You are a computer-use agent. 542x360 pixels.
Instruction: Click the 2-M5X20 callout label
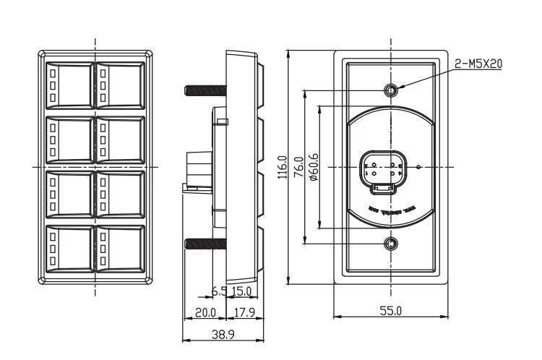coord(478,64)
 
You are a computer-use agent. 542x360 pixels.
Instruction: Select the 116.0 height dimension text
coord(283,167)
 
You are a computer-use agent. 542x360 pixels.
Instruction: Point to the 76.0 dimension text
coord(298,167)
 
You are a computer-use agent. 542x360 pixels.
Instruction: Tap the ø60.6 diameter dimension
coord(314,168)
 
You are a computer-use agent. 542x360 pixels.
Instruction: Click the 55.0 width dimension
coord(391,311)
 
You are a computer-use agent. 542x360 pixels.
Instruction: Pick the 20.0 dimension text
coord(205,312)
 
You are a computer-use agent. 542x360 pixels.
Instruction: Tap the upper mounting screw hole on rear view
coord(391,90)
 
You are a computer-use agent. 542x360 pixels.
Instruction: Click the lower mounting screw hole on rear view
coord(391,244)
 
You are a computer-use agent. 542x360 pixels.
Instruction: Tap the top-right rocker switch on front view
coord(120,85)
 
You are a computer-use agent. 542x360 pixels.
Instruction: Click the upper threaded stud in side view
coord(205,90)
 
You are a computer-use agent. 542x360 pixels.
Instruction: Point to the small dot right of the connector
coord(418,167)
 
